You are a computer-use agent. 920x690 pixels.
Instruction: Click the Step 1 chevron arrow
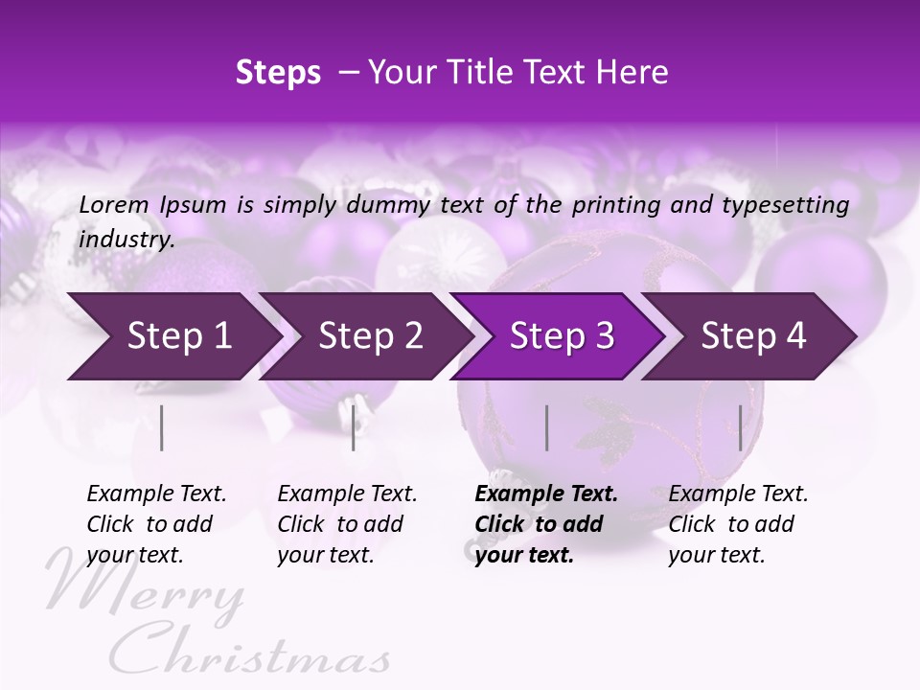point(177,336)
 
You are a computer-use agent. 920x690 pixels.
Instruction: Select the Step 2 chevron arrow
point(369,336)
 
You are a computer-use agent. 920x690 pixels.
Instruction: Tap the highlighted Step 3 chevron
point(561,336)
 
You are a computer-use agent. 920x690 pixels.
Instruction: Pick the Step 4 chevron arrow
point(752,336)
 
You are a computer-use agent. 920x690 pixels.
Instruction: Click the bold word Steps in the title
point(278,72)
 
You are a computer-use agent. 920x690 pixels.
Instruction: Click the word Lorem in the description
point(114,204)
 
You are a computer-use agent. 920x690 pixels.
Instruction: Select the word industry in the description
point(126,240)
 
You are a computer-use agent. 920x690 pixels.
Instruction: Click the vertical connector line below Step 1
point(162,427)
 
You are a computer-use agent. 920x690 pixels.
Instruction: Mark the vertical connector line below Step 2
point(354,427)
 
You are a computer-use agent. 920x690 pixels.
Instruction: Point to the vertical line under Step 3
point(547,427)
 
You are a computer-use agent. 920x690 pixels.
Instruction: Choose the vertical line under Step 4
point(740,427)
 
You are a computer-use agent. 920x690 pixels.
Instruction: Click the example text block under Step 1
point(156,524)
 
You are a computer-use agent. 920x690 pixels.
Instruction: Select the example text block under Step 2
point(347,524)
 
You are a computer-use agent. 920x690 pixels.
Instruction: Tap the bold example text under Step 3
point(545,524)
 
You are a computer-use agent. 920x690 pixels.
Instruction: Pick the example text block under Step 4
point(738,524)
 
